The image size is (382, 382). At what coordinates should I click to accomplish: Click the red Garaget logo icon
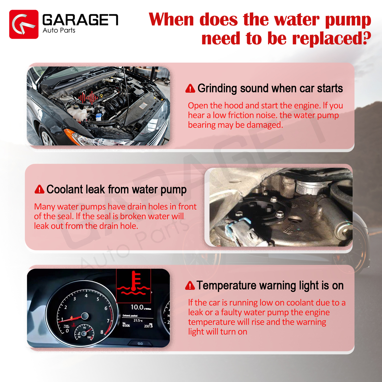24,24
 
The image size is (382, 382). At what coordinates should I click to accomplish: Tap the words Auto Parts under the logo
59,30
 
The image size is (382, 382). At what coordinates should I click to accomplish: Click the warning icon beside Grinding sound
190,89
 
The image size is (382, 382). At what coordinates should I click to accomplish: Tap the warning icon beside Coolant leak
39,189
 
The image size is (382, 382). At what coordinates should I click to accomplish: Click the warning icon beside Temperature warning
190,286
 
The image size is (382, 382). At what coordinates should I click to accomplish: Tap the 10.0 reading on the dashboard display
137,307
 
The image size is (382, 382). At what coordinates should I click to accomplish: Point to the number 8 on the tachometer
102,332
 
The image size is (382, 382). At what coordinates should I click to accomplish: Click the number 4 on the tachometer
86,296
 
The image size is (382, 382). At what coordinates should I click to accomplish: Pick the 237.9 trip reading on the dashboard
148,326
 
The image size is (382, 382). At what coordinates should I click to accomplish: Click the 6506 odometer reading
126,325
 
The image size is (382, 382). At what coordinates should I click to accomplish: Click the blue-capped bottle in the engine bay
98,117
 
